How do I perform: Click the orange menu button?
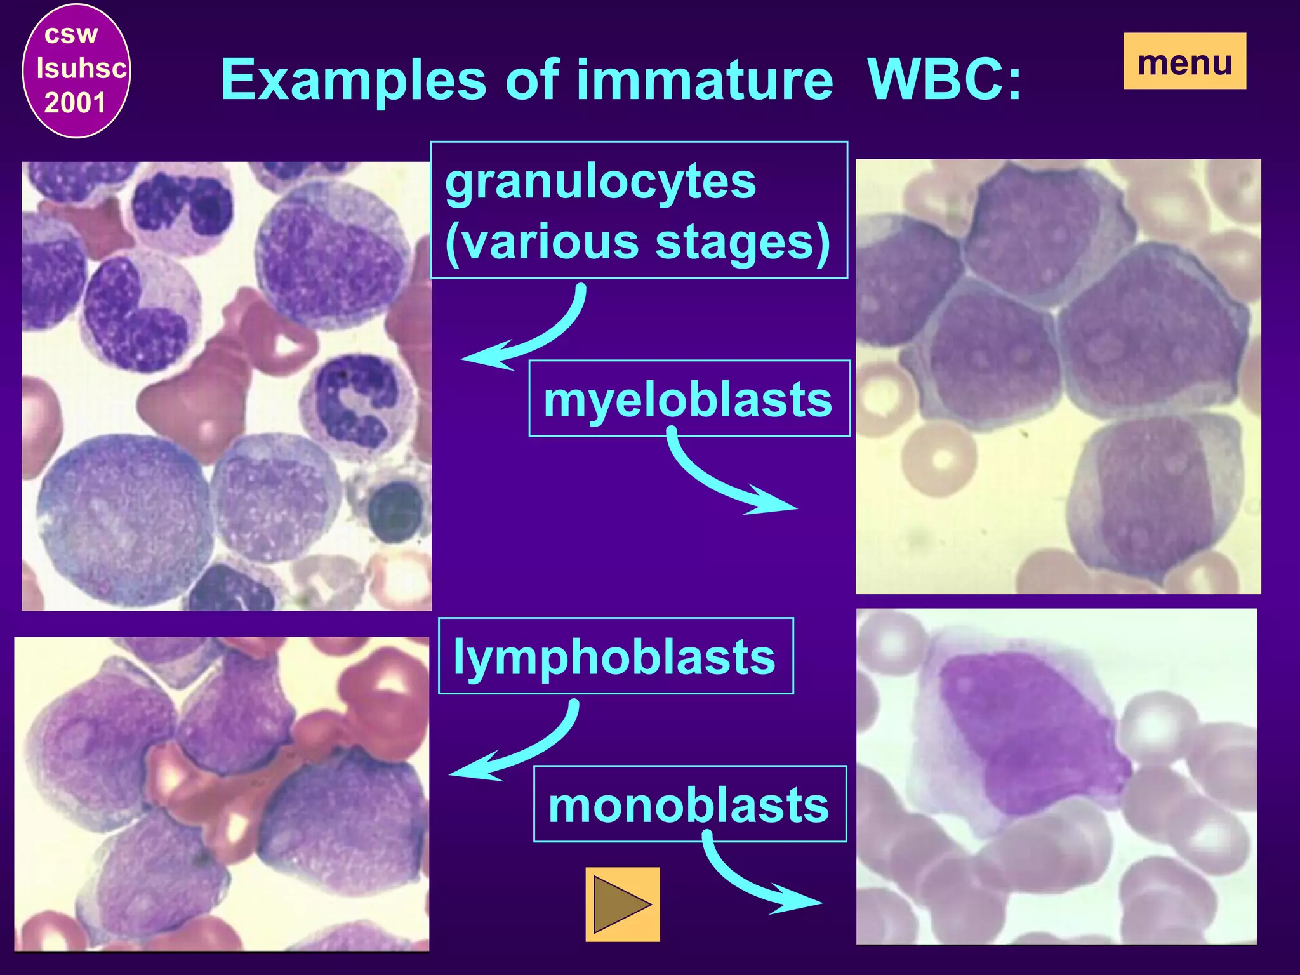1184,61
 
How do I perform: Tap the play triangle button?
623,904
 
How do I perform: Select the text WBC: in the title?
945,80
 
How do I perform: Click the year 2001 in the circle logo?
75,103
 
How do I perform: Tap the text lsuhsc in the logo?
81,68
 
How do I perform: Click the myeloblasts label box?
689,399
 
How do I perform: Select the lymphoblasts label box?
615,656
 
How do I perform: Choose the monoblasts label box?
689,804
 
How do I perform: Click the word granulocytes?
600,182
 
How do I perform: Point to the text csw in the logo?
71,34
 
